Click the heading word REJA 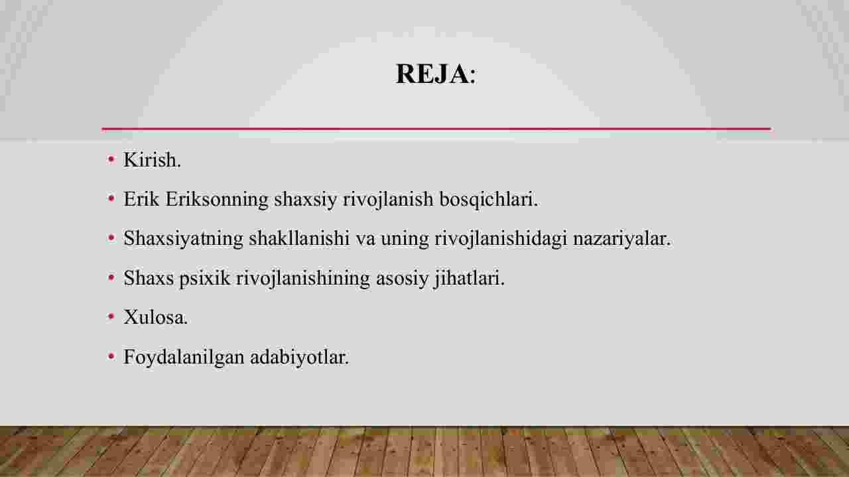tap(432, 74)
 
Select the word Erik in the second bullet tap(141, 199)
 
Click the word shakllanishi tap(299, 239)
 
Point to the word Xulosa tap(155, 317)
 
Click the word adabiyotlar tap(299, 357)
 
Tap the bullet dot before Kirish tap(111, 159)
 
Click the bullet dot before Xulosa tap(111, 316)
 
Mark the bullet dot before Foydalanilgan tap(111, 356)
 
